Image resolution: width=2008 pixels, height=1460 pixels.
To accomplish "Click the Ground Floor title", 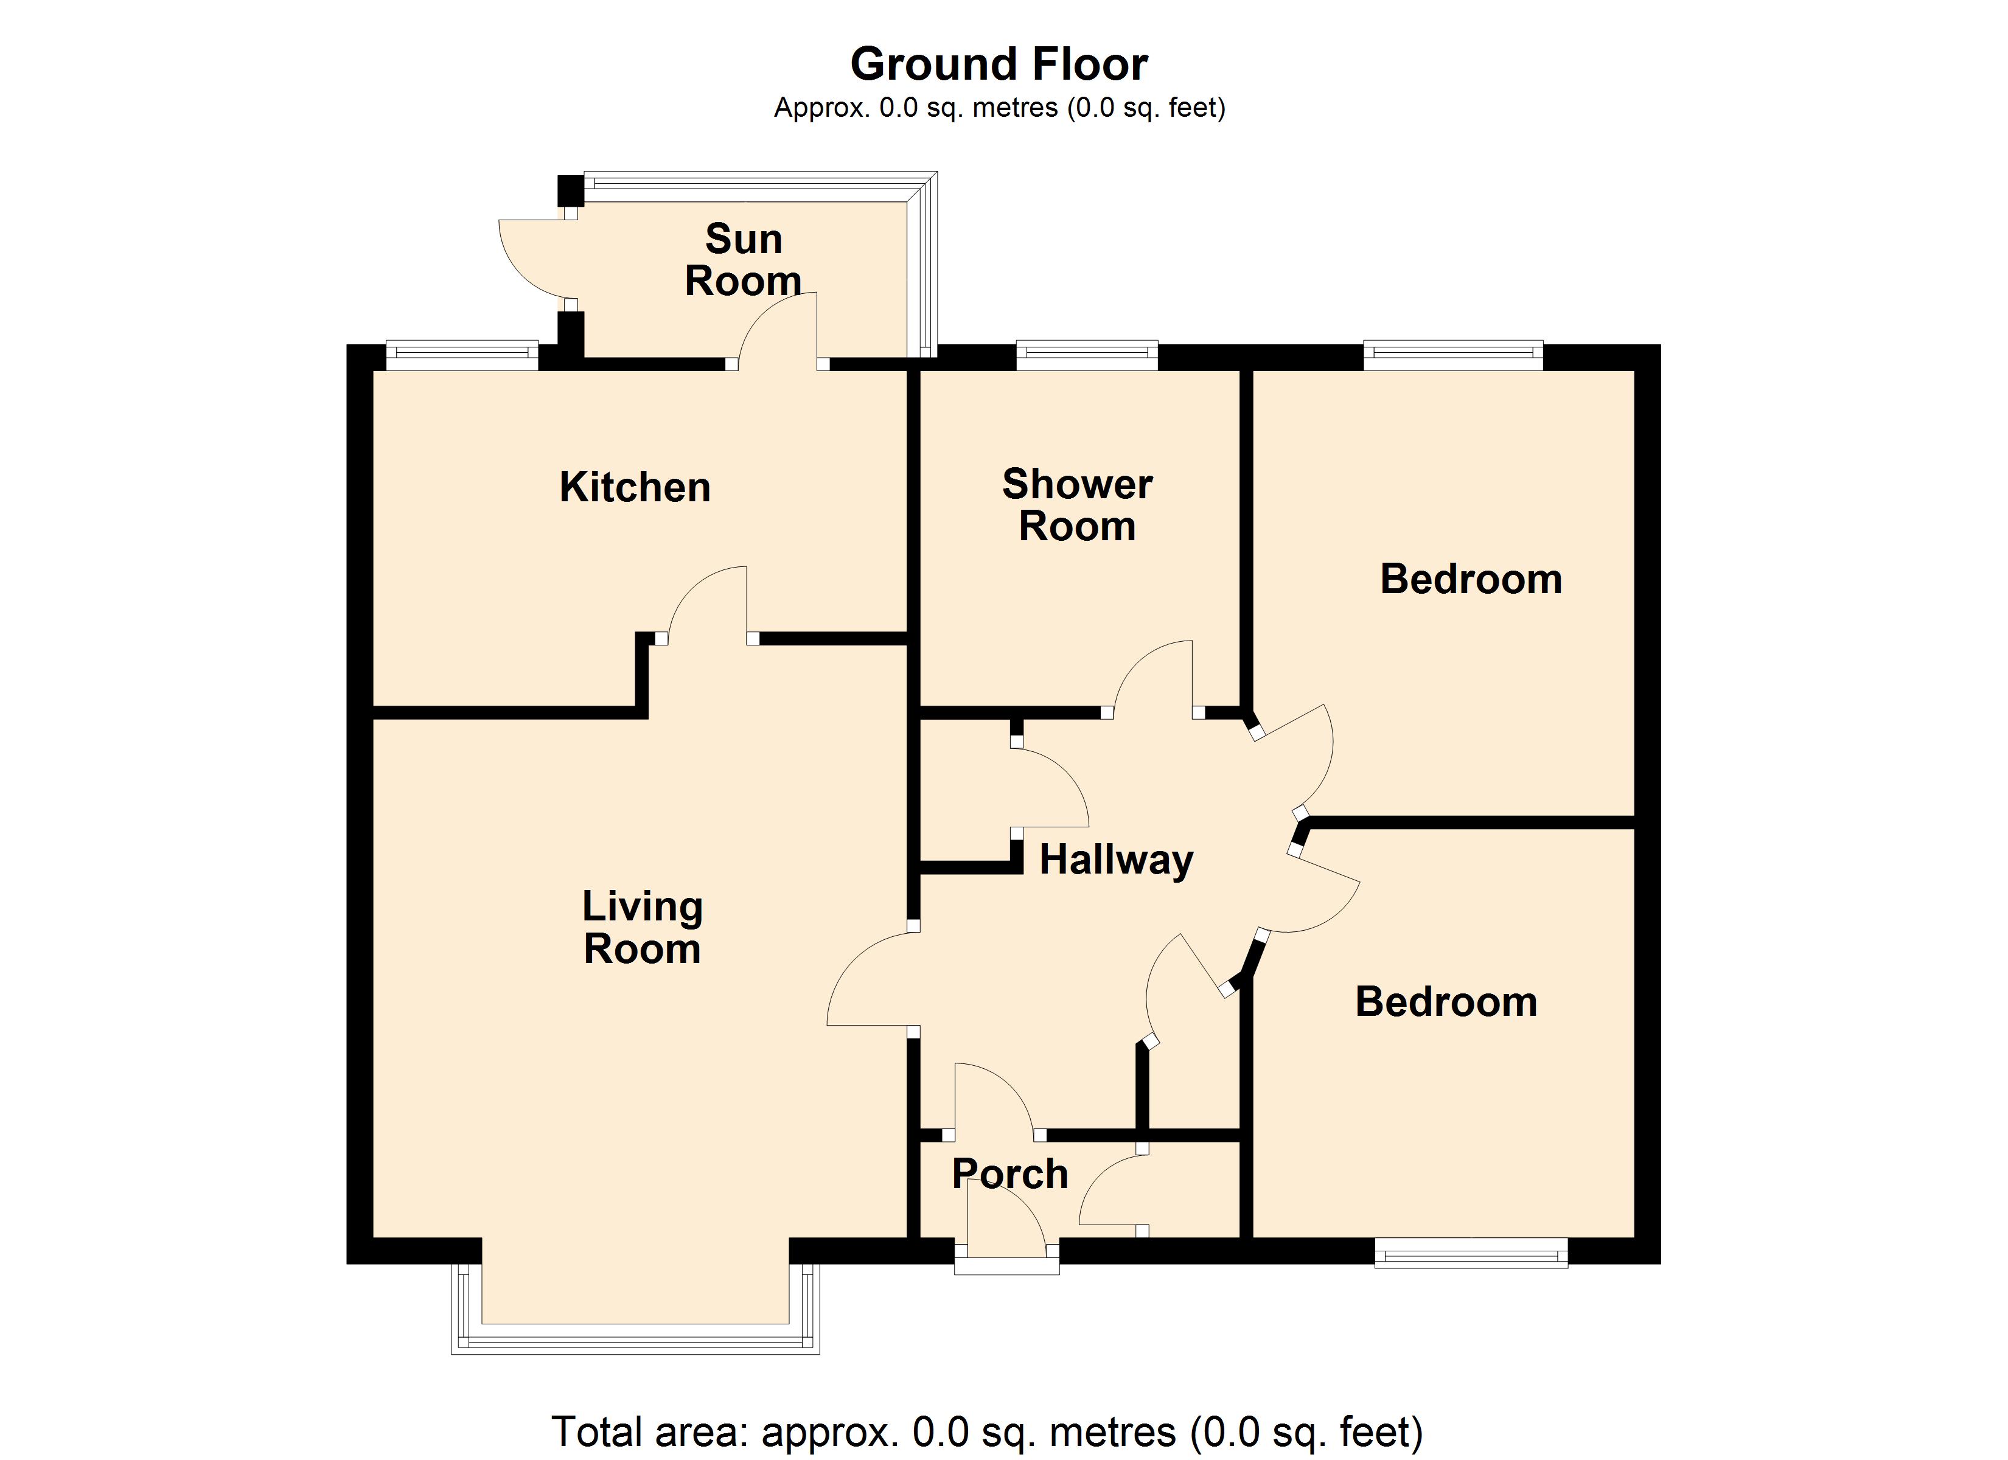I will click(999, 64).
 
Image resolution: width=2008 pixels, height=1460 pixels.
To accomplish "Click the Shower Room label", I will click(1076, 505).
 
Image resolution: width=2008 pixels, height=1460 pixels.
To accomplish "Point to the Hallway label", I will click(1115, 860).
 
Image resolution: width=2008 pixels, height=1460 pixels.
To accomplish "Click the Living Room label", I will click(642, 927).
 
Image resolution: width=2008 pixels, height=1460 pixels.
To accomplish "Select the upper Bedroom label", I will click(1471, 579).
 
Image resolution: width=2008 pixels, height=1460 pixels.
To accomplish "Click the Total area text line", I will click(986, 1431).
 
